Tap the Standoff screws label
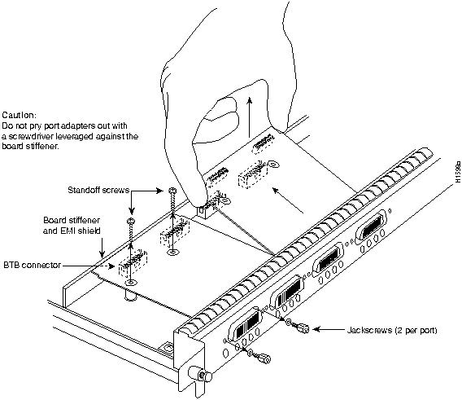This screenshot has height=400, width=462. click(98, 190)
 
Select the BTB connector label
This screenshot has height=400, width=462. click(32, 265)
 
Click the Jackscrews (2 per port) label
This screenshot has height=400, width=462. click(392, 330)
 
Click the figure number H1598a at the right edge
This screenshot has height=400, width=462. click(458, 172)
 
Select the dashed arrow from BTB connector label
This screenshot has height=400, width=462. click(89, 266)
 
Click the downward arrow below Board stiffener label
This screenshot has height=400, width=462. click(102, 248)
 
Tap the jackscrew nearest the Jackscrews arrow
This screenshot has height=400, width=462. click(300, 327)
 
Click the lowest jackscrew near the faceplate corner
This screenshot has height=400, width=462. click(260, 357)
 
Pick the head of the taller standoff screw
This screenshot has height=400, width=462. click(172, 191)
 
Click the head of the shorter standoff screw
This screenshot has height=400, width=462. click(130, 221)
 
